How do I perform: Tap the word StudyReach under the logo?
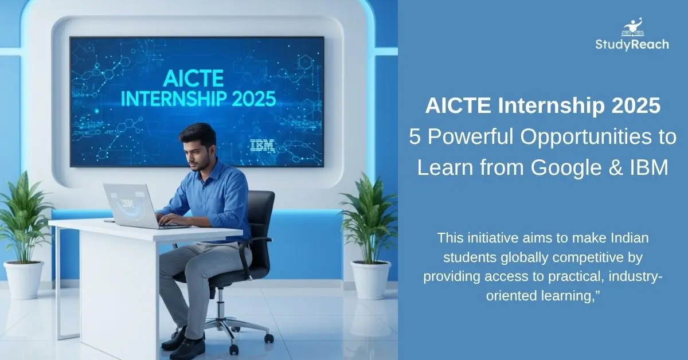tap(631, 45)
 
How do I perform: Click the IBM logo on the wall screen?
tap(263, 146)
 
